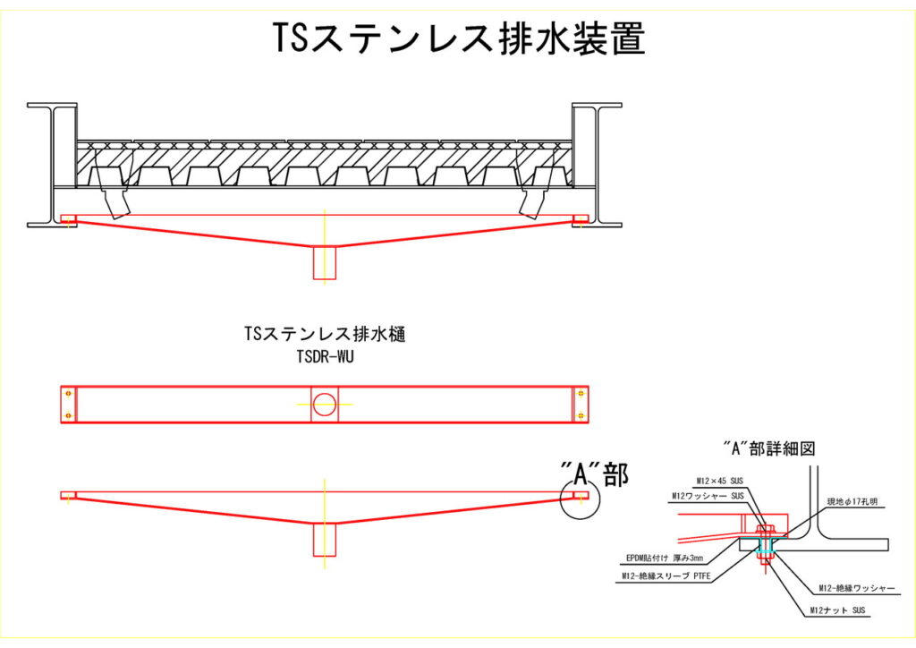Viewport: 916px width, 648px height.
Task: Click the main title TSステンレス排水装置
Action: point(458,38)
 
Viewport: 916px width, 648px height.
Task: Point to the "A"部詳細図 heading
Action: point(768,448)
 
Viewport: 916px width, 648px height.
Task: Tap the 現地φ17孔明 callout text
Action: point(854,503)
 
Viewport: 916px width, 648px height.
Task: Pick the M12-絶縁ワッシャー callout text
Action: point(856,588)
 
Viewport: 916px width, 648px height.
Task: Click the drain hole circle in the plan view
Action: point(324,405)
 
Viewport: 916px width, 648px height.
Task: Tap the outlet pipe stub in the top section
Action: point(324,263)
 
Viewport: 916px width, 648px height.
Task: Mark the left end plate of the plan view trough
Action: point(68,405)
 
